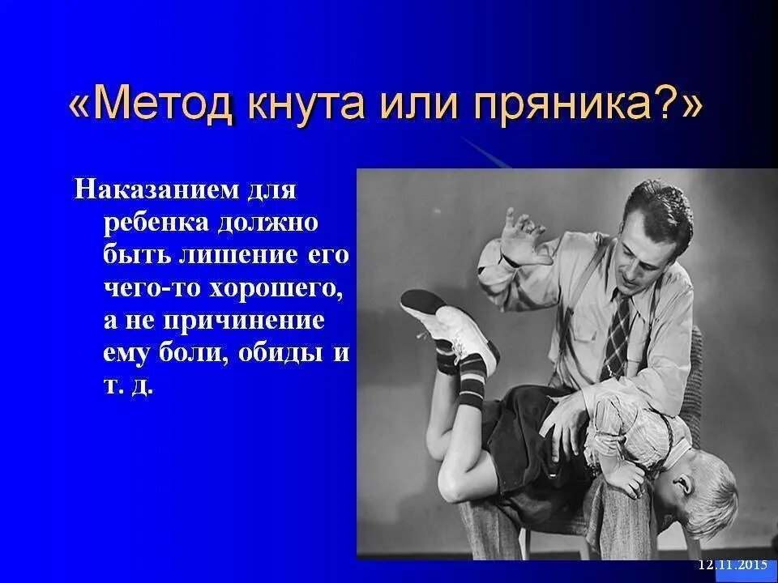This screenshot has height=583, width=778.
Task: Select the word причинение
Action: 245,320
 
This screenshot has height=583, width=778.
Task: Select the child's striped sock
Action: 470,381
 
